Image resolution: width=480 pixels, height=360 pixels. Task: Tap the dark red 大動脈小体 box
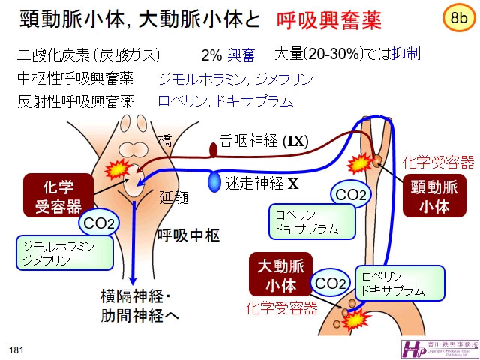(277, 275)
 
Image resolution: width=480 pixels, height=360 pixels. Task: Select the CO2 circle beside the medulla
(98, 223)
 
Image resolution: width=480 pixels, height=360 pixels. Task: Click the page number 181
(16, 349)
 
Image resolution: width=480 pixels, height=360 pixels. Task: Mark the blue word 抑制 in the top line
(406, 54)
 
